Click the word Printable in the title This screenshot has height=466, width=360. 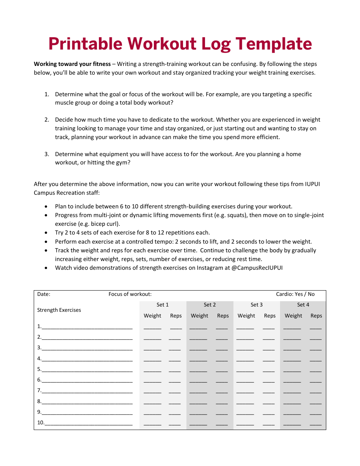86,44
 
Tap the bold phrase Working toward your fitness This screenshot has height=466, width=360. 72,64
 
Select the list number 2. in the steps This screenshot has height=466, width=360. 47,120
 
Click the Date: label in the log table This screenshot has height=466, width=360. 44,294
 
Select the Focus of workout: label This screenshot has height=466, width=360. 130,294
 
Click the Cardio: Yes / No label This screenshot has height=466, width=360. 295,294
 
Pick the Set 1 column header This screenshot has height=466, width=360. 163,305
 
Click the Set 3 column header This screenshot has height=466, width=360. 257,305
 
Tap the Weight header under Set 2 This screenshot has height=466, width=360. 199,316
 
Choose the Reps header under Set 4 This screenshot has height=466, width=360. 316,316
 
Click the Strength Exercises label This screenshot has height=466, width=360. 59,310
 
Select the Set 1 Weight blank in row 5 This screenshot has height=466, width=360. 152,371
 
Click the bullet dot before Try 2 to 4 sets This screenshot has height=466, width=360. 46,233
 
